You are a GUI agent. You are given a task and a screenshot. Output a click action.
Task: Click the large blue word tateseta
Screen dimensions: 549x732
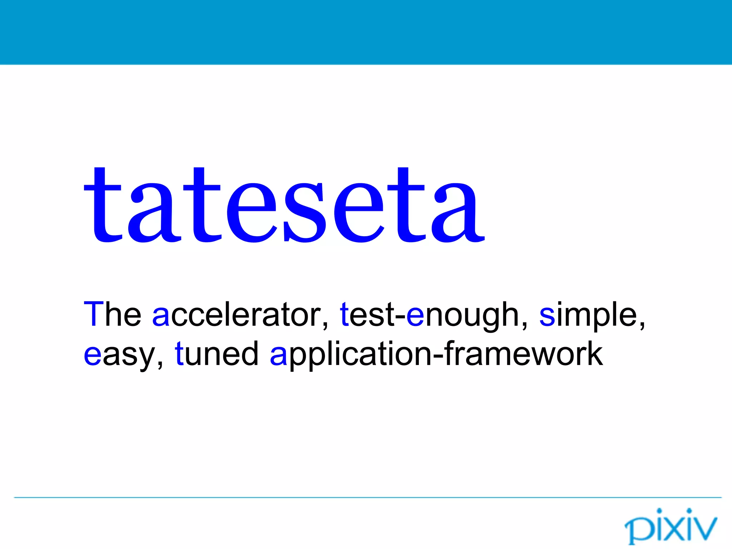pos(284,206)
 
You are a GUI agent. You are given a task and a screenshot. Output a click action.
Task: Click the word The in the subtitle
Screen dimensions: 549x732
pos(112,315)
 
